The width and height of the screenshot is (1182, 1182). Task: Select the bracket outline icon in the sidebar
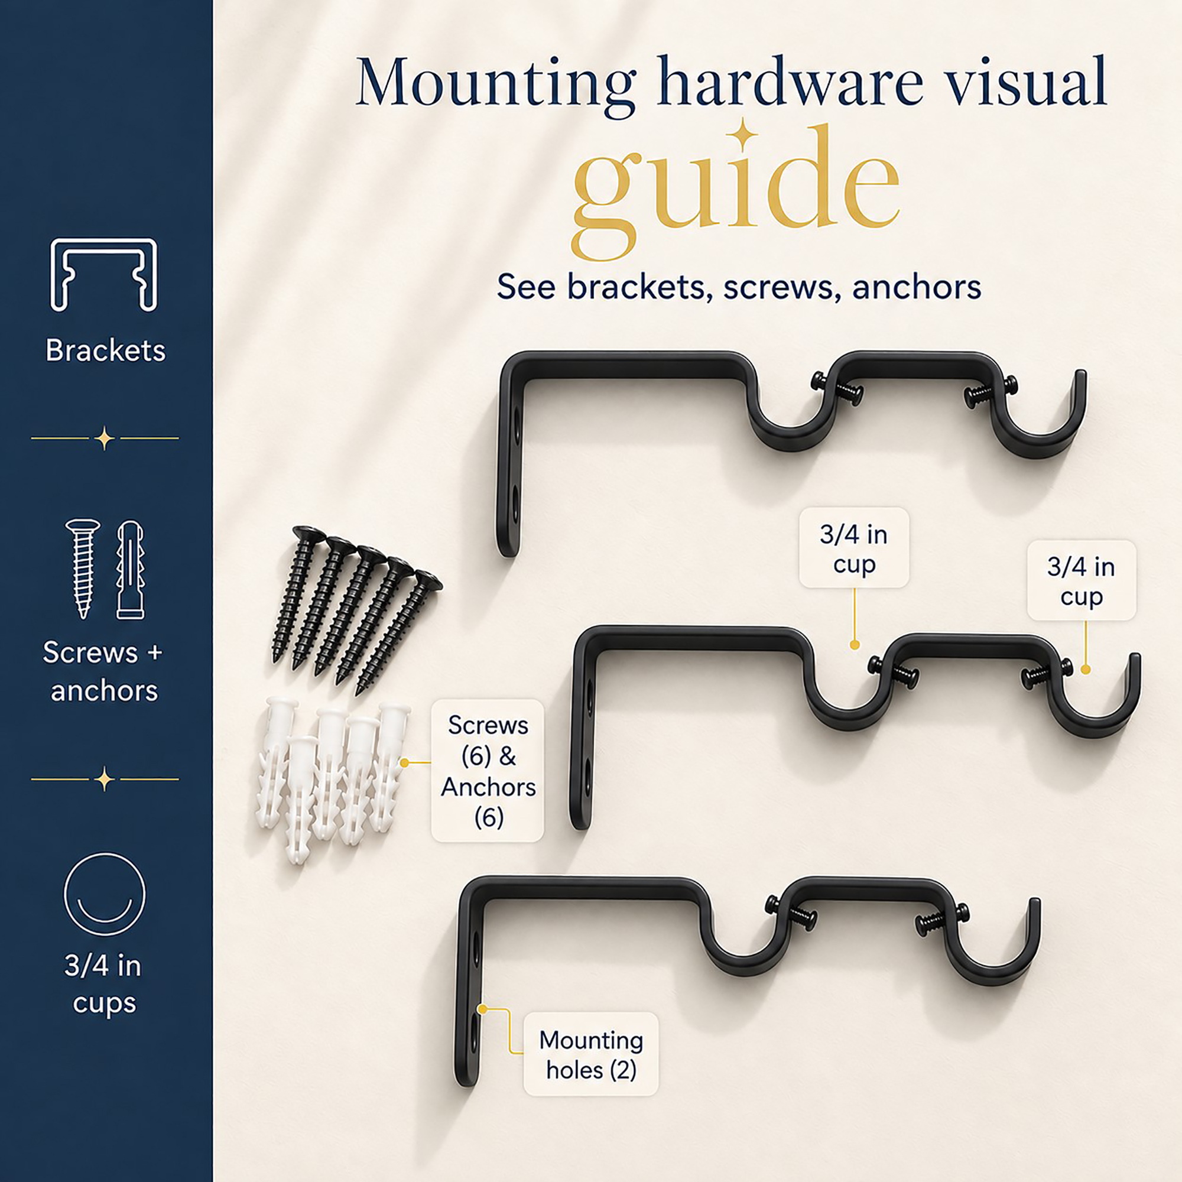click(104, 275)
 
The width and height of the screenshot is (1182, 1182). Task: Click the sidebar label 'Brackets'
click(105, 350)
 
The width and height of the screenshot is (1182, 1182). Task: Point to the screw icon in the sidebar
click(83, 569)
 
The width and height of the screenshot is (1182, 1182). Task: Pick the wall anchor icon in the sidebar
click(130, 570)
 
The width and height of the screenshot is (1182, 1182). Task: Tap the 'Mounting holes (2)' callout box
click(591, 1054)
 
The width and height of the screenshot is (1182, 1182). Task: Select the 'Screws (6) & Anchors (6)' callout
click(488, 771)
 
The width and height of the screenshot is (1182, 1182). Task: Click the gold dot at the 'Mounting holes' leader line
click(483, 1009)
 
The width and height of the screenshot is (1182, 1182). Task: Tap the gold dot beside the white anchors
click(404, 763)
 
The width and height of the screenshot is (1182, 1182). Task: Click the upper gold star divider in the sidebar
click(105, 438)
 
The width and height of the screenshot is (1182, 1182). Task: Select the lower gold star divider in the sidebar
click(105, 780)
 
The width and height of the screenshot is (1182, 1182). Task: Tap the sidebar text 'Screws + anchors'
click(103, 671)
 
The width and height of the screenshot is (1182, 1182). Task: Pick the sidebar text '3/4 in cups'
click(103, 985)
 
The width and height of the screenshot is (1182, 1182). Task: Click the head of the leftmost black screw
click(309, 535)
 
